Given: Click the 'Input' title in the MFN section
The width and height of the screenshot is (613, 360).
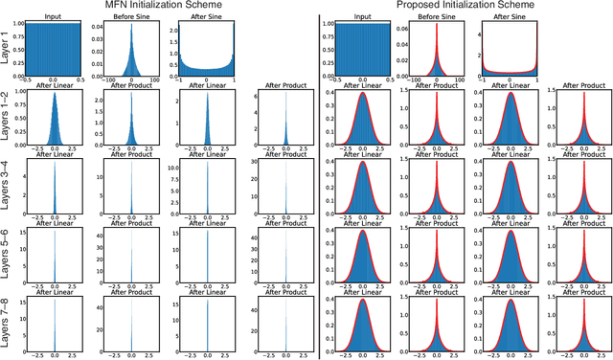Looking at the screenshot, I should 55,17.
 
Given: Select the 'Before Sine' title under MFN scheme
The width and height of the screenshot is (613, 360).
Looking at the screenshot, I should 130,17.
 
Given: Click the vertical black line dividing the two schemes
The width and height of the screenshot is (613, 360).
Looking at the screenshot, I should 318,182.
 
